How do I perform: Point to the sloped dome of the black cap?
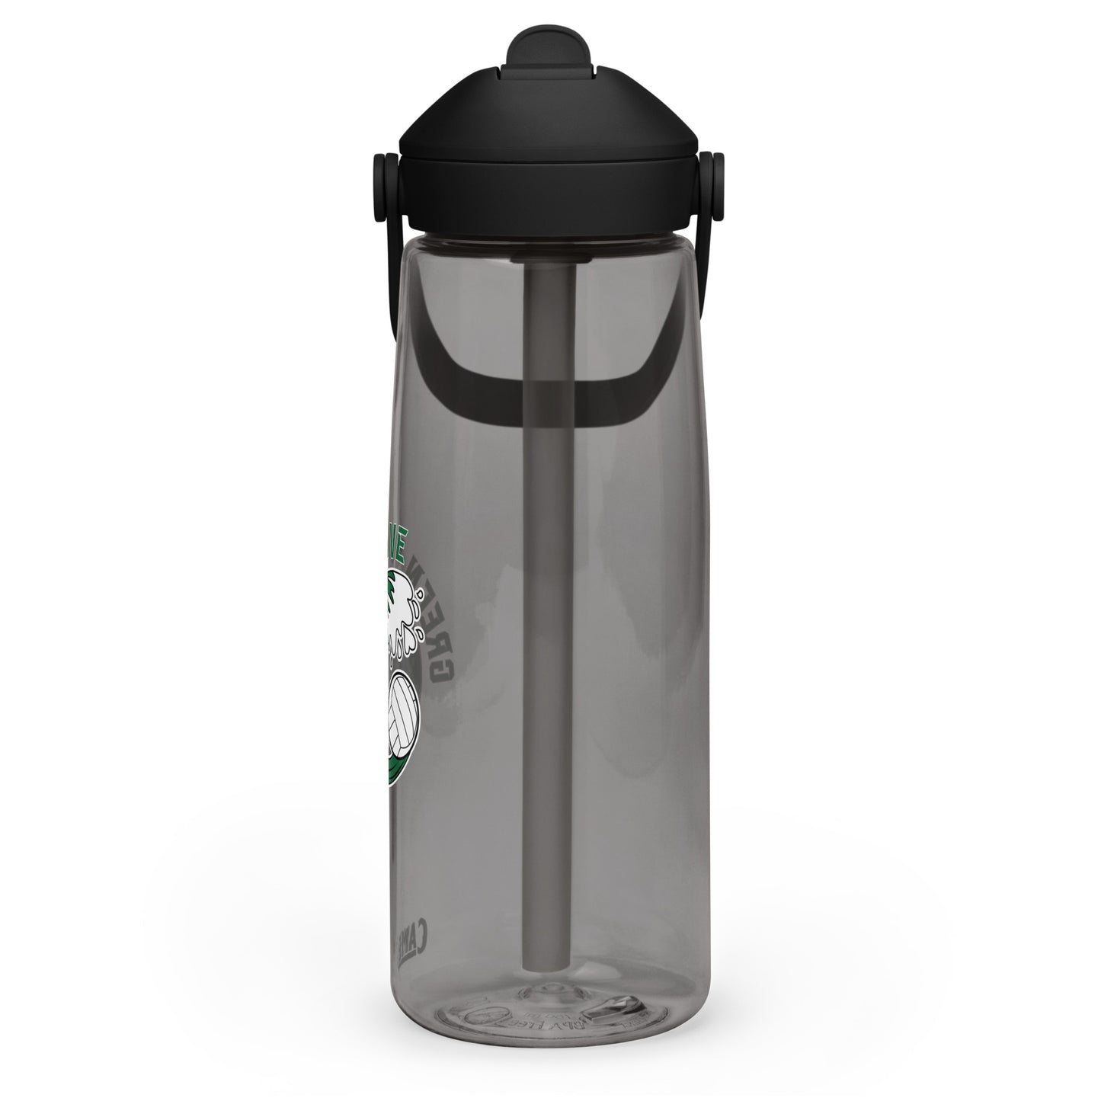[x=547, y=114]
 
